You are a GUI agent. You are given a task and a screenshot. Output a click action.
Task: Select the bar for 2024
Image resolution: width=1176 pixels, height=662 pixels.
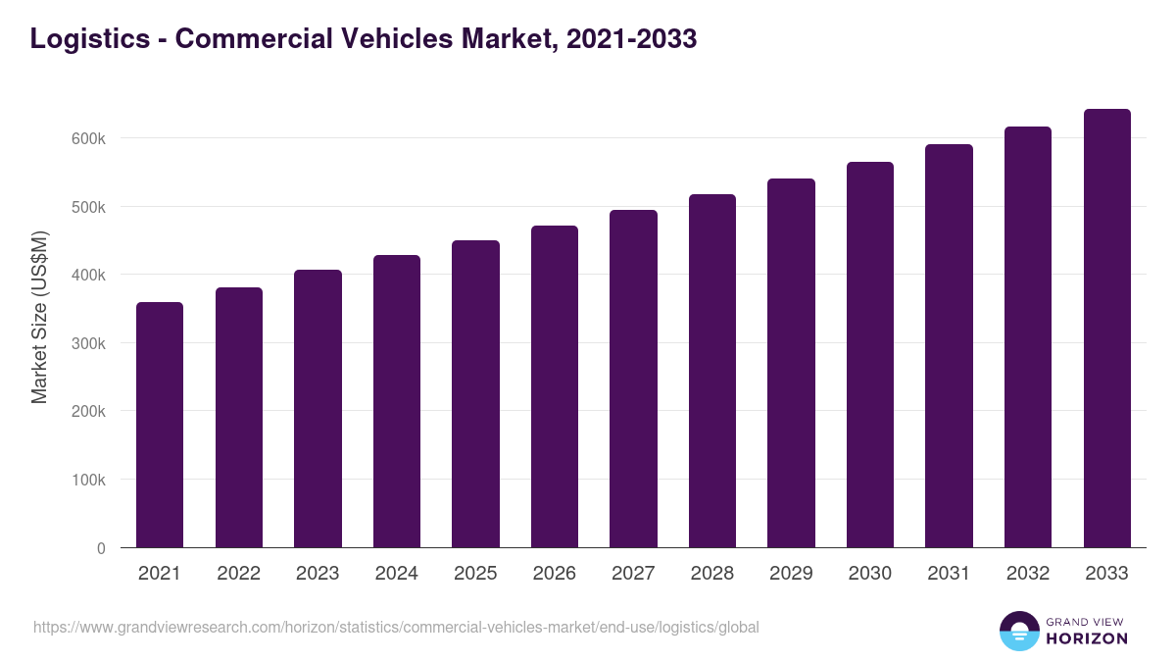[397, 401]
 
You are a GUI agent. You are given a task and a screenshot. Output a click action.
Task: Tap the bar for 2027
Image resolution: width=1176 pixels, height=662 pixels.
[633, 379]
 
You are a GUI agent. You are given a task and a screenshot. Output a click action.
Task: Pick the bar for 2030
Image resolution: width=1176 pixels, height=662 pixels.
[870, 354]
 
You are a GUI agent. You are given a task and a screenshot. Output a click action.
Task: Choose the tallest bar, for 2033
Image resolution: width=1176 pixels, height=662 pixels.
[1106, 328]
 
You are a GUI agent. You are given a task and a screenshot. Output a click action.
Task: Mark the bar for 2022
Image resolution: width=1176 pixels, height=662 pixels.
[239, 417]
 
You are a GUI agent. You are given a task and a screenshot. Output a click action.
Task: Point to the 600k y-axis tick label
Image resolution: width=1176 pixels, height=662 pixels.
[88, 138]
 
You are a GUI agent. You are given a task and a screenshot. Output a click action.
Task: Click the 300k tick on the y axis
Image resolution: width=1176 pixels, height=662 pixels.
[88, 343]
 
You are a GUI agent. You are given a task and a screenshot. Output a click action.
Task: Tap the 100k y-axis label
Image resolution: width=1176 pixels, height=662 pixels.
[88, 480]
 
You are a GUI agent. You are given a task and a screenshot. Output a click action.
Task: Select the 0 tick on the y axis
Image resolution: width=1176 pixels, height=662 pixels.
[101, 548]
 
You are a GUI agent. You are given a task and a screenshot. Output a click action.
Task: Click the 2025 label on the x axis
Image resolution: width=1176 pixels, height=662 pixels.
[475, 574]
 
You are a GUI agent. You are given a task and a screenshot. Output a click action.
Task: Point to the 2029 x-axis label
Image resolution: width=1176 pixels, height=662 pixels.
[791, 574]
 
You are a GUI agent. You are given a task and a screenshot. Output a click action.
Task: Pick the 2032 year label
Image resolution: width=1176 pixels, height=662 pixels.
[1028, 574]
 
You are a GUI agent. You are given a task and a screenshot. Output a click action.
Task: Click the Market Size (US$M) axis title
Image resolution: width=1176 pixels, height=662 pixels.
[39, 317]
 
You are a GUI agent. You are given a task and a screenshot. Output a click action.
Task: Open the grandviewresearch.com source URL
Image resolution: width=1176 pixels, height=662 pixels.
[396, 627]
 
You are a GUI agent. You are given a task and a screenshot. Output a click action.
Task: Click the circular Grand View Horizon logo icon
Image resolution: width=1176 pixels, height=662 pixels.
[1018, 632]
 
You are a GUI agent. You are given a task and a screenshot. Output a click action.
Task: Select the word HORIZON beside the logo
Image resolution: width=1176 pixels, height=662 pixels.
[1086, 638]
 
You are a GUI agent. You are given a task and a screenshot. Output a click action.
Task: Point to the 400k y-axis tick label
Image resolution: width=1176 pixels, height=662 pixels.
[88, 275]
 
